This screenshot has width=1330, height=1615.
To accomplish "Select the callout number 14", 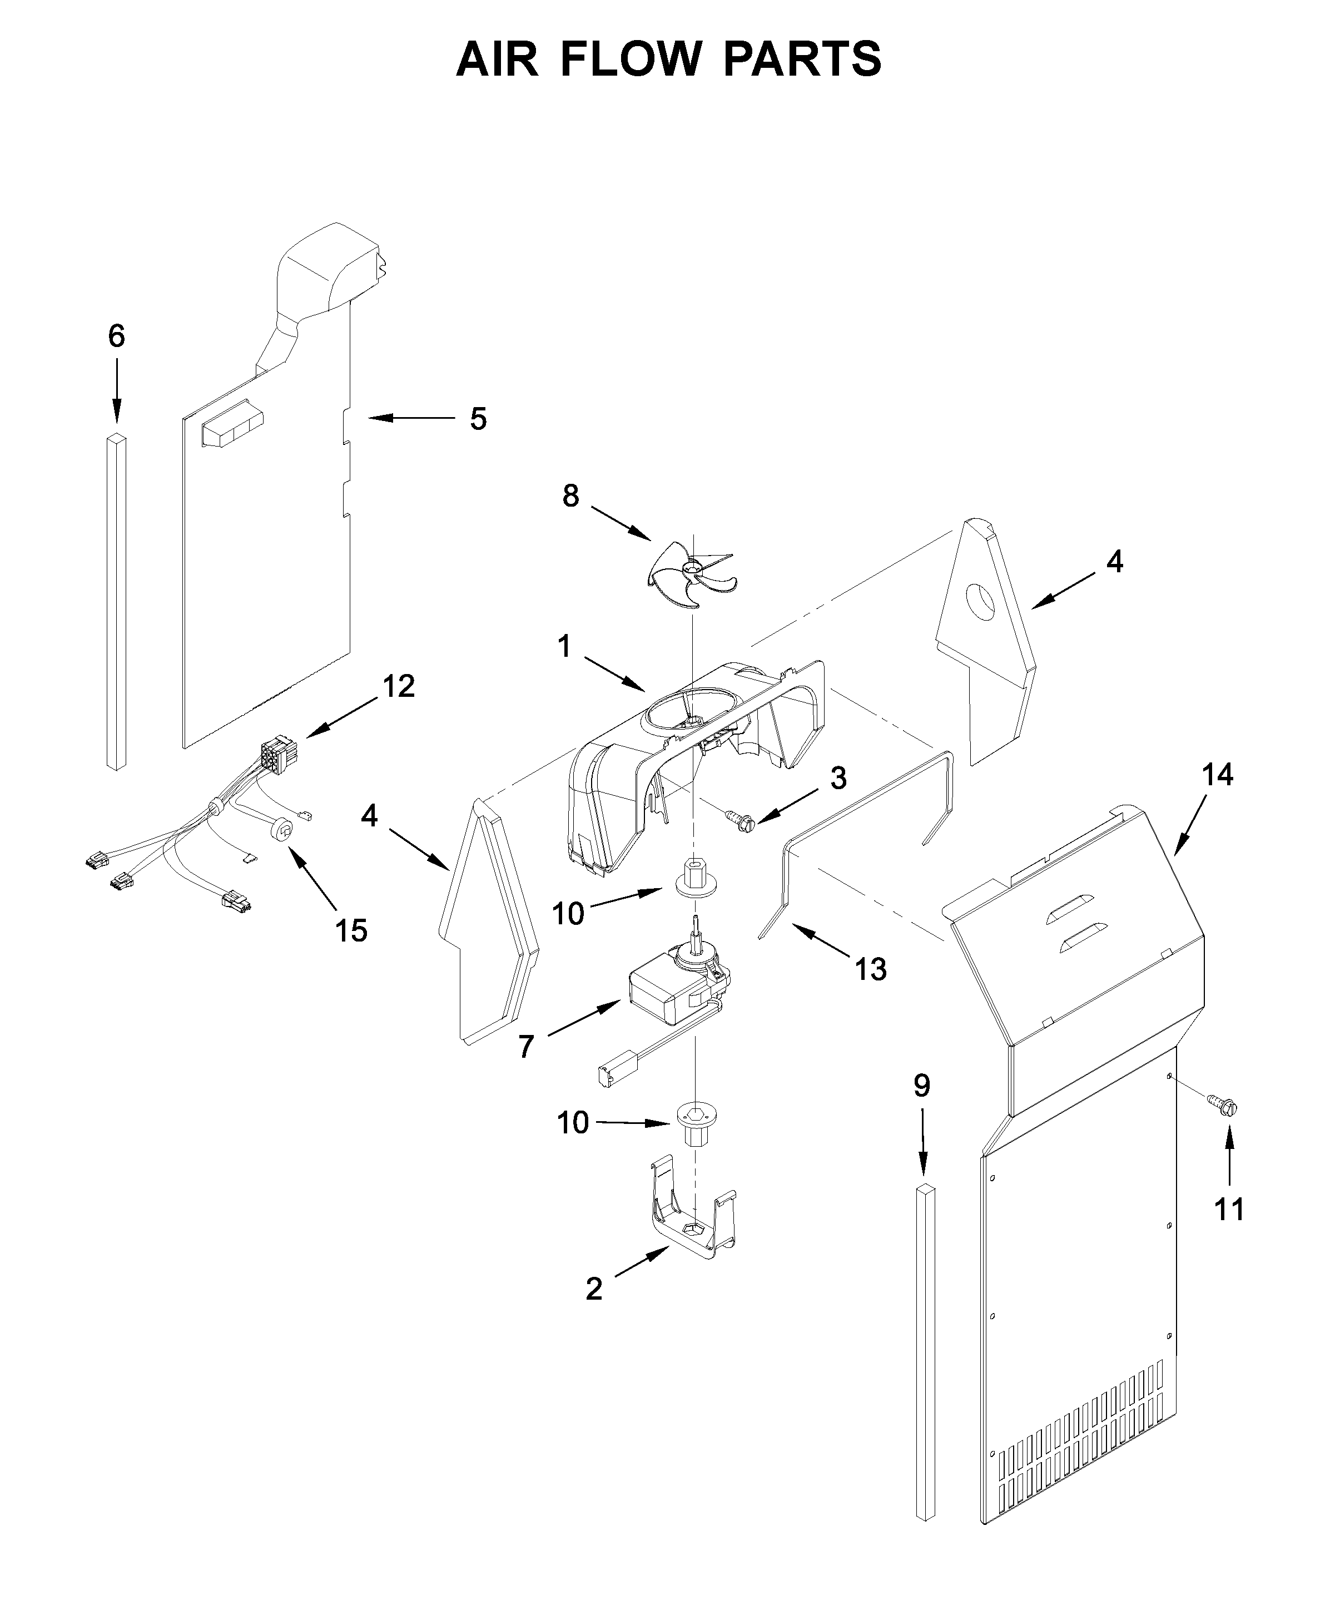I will click(1217, 775).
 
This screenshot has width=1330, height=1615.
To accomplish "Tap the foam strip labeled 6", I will click(116, 601).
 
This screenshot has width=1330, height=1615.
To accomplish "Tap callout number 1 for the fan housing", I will click(564, 647).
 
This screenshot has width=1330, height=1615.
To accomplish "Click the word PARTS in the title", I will click(802, 59).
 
